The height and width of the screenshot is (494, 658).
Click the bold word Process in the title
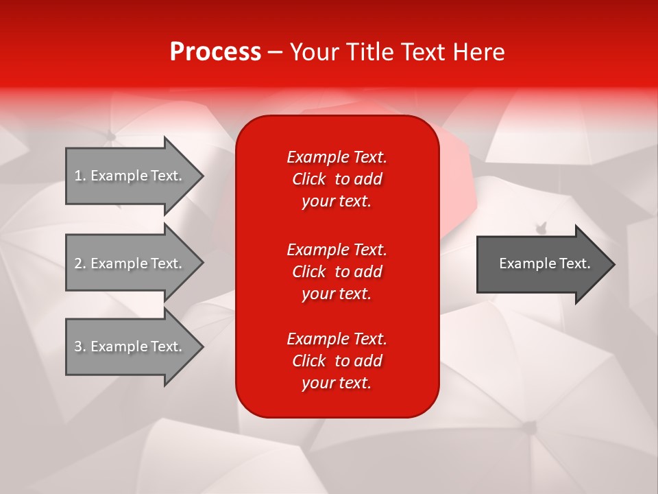click(215, 52)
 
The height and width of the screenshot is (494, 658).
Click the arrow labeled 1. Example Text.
click(130, 176)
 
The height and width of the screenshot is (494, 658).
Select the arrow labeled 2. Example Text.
click(130, 263)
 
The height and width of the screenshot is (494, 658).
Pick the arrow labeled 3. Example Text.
click(130, 346)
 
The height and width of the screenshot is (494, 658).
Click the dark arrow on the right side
click(541, 263)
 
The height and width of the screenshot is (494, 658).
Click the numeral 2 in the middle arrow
click(78, 263)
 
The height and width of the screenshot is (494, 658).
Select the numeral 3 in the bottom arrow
click(78, 346)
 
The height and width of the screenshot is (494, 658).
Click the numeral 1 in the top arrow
click(78, 176)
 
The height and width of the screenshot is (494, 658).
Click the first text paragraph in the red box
click(337, 179)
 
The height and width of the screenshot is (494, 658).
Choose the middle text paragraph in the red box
click(337, 271)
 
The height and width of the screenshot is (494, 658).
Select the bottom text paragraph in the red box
click(337, 361)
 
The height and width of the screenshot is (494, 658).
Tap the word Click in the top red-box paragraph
click(308, 179)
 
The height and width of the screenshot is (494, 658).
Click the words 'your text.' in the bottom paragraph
click(337, 383)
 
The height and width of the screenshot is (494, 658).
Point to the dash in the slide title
click(275, 52)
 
